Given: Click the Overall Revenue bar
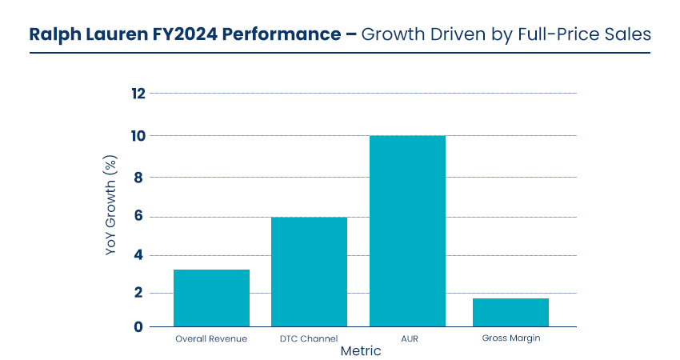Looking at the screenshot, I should pyautogui.click(x=211, y=298).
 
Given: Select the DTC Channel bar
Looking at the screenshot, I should pyautogui.click(x=309, y=272).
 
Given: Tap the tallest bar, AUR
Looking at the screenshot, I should pyautogui.click(x=406, y=231).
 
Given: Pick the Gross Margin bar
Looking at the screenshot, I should pyautogui.click(x=510, y=313).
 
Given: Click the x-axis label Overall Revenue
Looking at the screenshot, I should pyautogui.click(x=211, y=338).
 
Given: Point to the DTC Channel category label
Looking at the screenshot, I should pyautogui.click(x=309, y=338).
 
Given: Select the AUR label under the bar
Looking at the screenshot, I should pyautogui.click(x=406, y=338).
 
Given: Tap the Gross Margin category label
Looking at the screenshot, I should pyautogui.click(x=510, y=338).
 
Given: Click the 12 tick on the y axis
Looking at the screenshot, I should pyautogui.click(x=138, y=94).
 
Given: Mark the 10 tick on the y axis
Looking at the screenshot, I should pyautogui.click(x=138, y=135).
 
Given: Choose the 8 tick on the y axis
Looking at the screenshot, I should pyautogui.click(x=138, y=177).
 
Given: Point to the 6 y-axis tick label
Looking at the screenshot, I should pyautogui.click(x=138, y=217).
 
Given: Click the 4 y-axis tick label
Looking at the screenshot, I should pyautogui.click(x=138, y=256).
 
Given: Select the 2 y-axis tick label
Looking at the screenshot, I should pyautogui.click(x=138, y=293).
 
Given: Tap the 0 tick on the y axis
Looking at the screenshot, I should pyautogui.click(x=138, y=326).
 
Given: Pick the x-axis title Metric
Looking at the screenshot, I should pyautogui.click(x=361, y=351).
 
